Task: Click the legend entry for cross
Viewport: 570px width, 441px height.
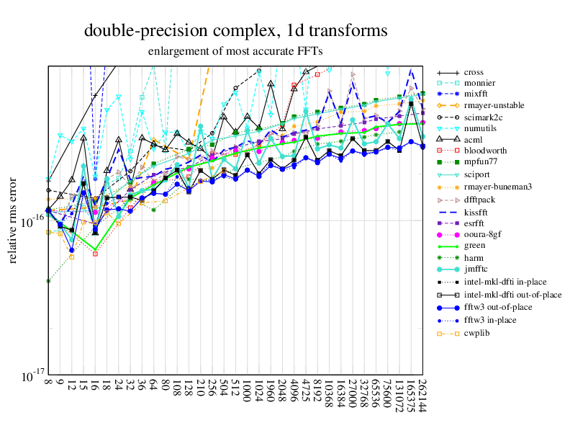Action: pyautogui.click(x=474, y=73)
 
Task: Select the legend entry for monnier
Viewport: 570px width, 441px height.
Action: pyautogui.click(x=479, y=84)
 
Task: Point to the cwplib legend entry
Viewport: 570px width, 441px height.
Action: pyautogui.click(x=477, y=333)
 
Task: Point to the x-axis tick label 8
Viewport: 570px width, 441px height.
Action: pyautogui.click(x=48, y=384)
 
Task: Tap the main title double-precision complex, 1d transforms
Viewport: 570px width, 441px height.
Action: pyautogui.click(x=236, y=31)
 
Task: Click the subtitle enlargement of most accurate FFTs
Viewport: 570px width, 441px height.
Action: pyautogui.click(x=235, y=51)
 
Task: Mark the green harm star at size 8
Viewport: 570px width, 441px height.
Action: pyautogui.click(x=48, y=281)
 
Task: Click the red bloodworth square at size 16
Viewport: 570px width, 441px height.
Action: pyautogui.click(x=96, y=254)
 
